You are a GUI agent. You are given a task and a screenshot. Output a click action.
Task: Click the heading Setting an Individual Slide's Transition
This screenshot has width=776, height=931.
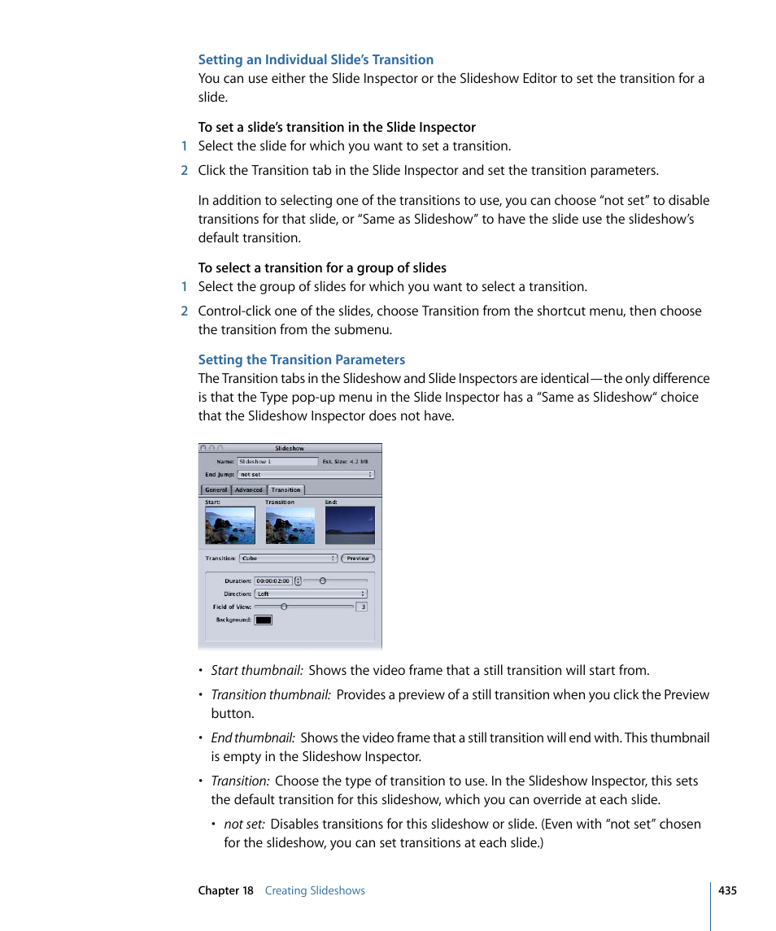coord(316,59)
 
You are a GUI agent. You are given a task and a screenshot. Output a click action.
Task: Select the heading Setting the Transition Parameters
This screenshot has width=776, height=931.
coord(301,359)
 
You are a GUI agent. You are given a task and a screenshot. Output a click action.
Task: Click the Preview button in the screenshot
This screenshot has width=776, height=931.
coord(358,559)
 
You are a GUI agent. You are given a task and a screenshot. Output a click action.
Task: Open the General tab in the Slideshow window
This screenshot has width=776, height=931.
coord(216,490)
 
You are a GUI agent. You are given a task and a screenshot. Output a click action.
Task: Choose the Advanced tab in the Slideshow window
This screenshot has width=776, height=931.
coord(249,490)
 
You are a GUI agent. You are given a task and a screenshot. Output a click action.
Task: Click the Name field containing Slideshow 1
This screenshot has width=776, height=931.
coord(277,461)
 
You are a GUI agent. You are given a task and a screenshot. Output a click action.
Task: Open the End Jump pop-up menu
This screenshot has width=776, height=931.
coord(306,474)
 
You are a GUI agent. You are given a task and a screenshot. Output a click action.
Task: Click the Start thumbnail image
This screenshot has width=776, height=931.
coord(229,526)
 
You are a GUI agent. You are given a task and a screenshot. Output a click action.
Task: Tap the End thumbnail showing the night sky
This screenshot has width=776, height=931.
coord(350,526)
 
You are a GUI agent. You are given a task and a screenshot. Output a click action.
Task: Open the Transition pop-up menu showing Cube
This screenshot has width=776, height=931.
coord(288,559)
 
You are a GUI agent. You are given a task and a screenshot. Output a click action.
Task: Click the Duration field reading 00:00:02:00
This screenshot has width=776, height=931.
coord(273,581)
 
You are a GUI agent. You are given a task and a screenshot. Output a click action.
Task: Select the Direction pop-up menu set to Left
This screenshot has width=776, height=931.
coord(311,594)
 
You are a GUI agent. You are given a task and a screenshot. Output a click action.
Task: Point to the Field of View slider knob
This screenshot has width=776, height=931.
coord(284,607)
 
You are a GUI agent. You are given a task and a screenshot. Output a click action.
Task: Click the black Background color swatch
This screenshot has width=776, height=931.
coord(264,620)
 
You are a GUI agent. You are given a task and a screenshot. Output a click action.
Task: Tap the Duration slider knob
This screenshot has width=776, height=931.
coord(322,581)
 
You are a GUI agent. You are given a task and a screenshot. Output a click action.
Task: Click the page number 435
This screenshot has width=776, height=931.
coord(727,890)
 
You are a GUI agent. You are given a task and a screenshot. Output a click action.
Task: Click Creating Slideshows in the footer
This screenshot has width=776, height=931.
coord(315,890)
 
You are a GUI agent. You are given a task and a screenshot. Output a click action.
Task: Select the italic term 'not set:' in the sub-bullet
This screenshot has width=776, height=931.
coord(244,824)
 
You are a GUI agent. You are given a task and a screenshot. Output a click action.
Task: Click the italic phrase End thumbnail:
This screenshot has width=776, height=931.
coord(252,737)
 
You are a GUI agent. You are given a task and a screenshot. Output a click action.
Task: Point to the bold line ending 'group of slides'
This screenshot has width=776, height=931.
coord(322,268)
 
